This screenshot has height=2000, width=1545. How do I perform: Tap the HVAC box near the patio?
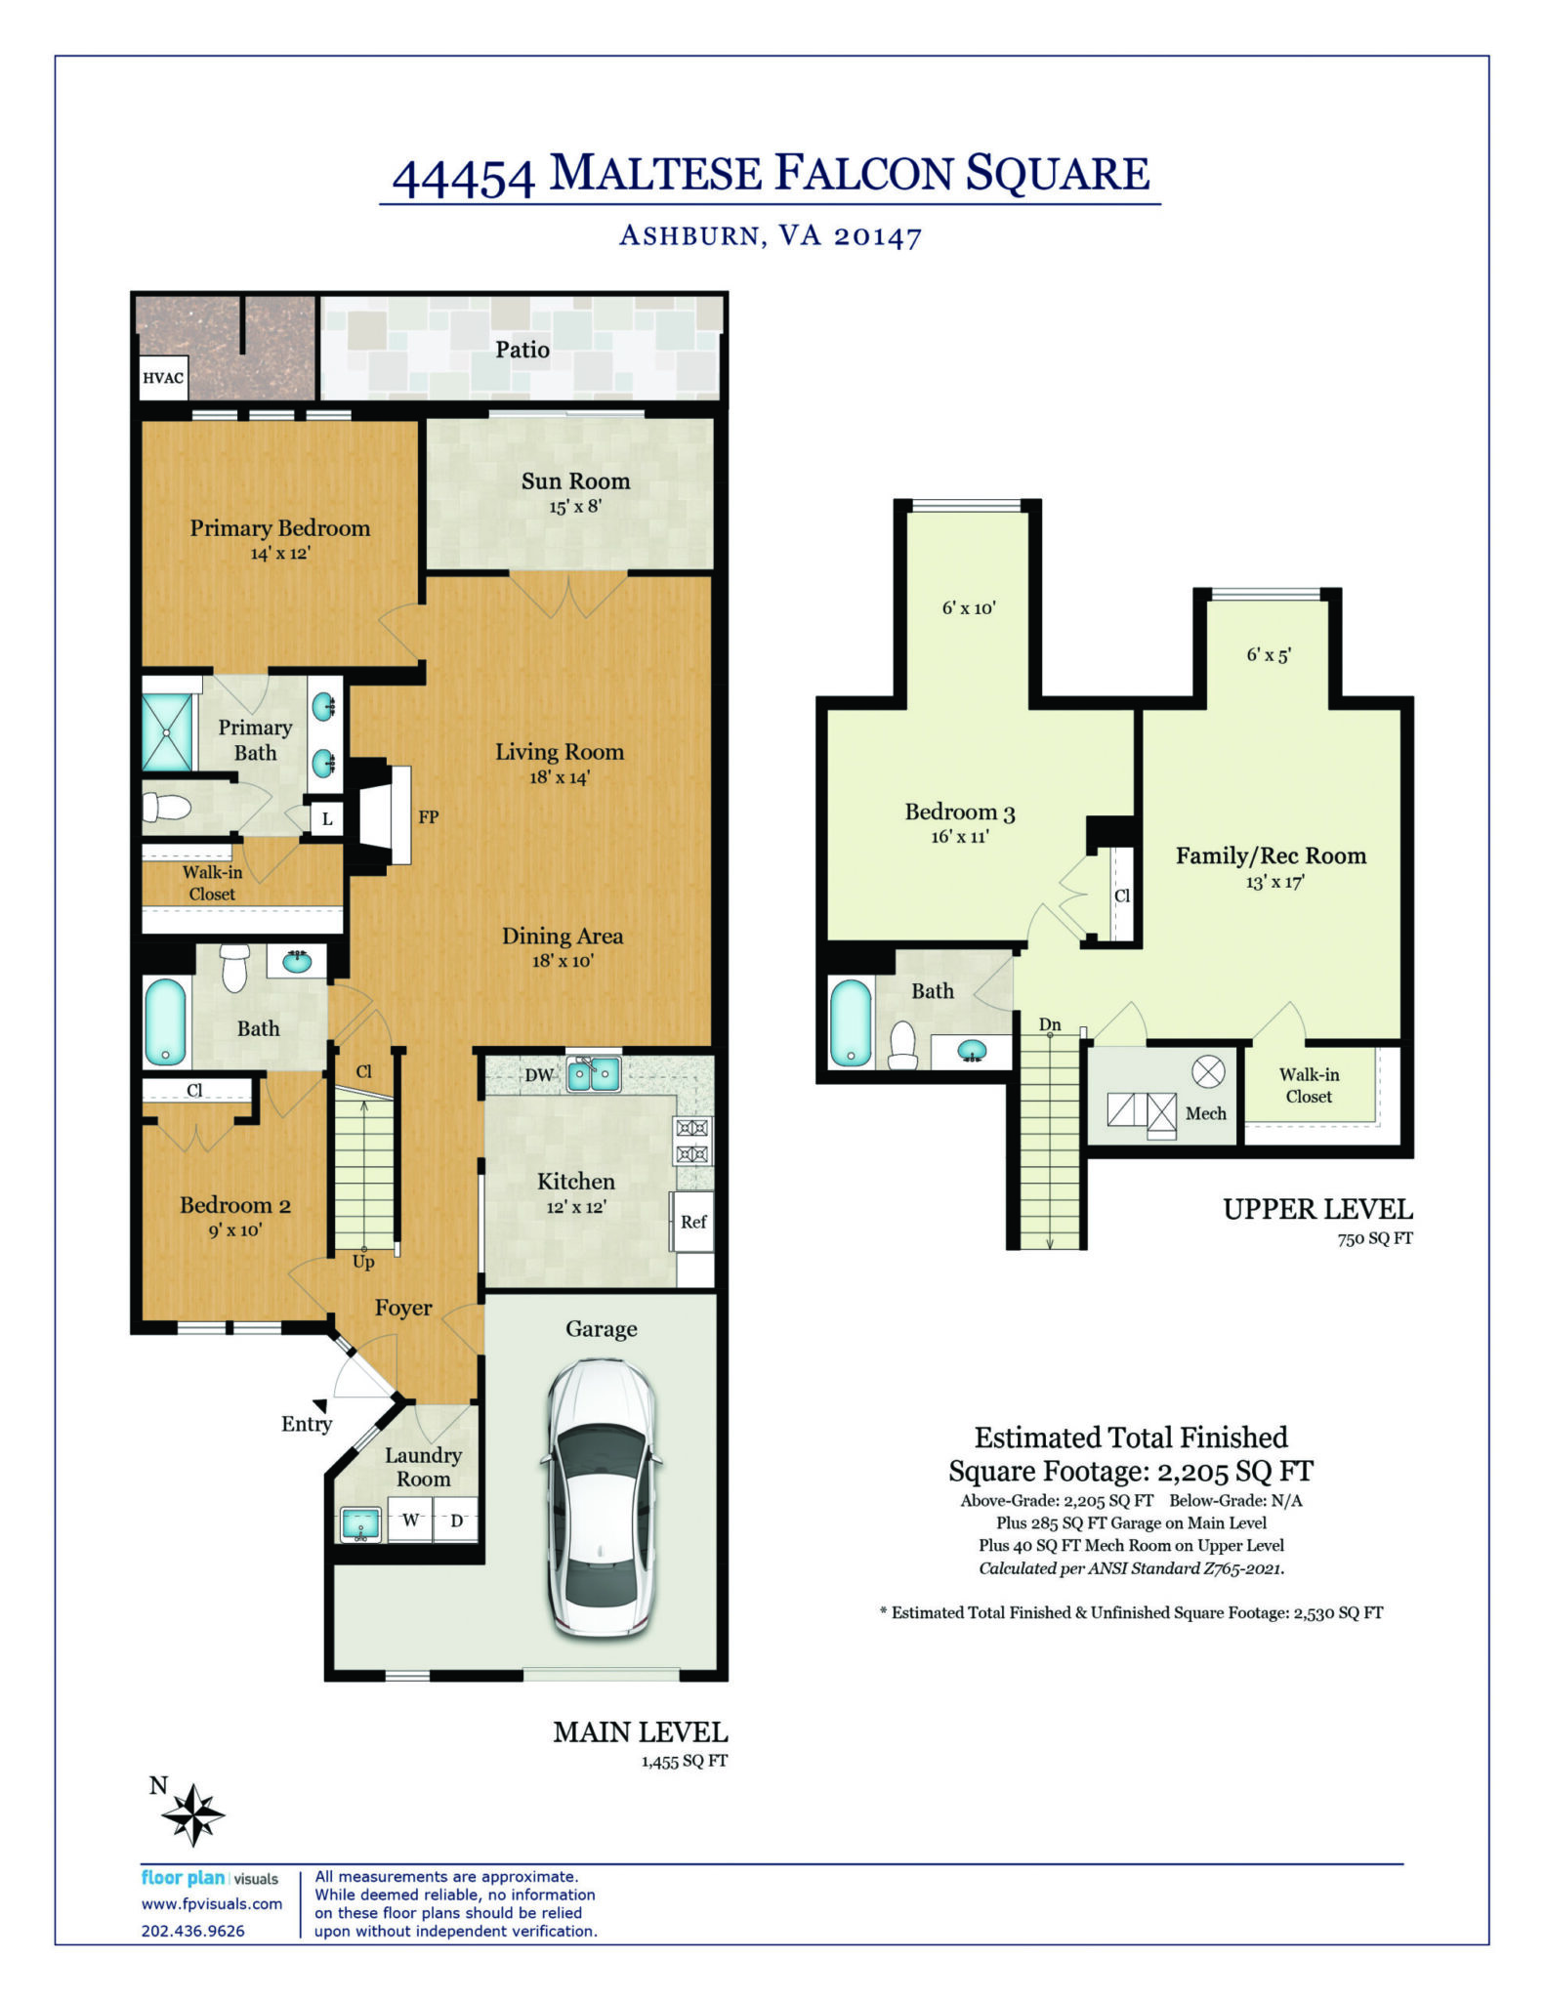(x=163, y=378)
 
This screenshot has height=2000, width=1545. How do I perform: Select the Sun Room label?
(x=575, y=480)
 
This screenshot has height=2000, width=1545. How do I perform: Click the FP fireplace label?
(x=428, y=816)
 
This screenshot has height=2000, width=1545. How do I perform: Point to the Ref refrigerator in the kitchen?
(x=691, y=1221)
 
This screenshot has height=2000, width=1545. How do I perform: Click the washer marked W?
(x=410, y=1521)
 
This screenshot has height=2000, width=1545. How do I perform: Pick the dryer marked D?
(x=455, y=1521)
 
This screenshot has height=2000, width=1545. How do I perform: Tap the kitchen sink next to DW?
(x=594, y=1074)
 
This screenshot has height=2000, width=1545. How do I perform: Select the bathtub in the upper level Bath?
(x=850, y=1022)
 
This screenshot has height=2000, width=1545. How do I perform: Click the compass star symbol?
(x=193, y=1814)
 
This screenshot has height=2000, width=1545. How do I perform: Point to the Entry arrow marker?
(x=319, y=1404)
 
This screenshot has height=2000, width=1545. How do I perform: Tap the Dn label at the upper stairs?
(x=1050, y=1024)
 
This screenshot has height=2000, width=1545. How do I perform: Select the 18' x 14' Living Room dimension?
(x=560, y=777)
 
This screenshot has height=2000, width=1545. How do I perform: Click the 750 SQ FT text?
(x=1375, y=1238)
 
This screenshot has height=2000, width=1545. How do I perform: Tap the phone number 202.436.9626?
(x=193, y=1931)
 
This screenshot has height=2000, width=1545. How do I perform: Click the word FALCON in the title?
(x=863, y=173)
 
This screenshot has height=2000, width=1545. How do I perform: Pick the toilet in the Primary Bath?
(x=166, y=807)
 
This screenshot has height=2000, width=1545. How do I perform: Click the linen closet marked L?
(x=326, y=818)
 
